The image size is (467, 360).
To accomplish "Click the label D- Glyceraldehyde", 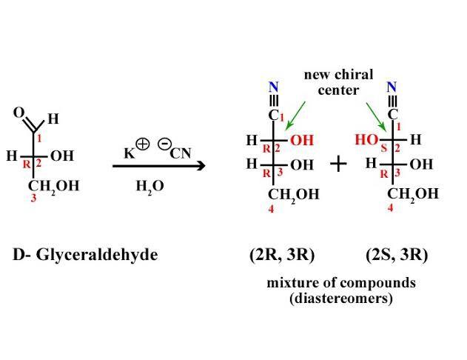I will pyautogui.click(x=85, y=255).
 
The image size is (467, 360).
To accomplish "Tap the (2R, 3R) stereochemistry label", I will pyautogui.click(x=282, y=255).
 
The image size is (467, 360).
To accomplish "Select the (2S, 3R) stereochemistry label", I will pyautogui.click(x=397, y=255).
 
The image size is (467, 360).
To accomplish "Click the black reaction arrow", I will pyautogui.click(x=158, y=166).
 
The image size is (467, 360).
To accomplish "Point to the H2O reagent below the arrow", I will pyautogui.click(x=149, y=186).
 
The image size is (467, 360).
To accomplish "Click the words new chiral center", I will pyautogui.click(x=338, y=82).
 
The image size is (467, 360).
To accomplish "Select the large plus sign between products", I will pyautogui.click(x=337, y=164).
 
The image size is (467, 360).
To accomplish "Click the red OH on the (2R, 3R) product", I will pyautogui.click(x=302, y=140).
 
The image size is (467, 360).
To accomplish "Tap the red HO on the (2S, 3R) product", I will pyautogui.click(x=366, y=139).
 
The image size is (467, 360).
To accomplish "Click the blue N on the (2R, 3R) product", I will pyautogui.click(x=273, y=87).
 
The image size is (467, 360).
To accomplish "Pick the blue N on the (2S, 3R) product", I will pyautogui.click(x=392, y=87).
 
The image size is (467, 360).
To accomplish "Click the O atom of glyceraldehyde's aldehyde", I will pyautogui.click(x=19, y=113).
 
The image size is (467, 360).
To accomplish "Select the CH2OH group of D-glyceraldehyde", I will pyautogui.click(x=53, y=186).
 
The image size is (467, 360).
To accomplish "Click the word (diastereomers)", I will pyautogui.click(x=340, y=299).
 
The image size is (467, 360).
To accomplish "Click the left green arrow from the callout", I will pyautogui.click(x=295, y=115).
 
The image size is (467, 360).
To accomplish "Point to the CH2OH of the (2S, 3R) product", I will pyautogui.click(x=413, y=194).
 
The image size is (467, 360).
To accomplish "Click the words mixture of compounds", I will pyautogui.click(x=340, y=283).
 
